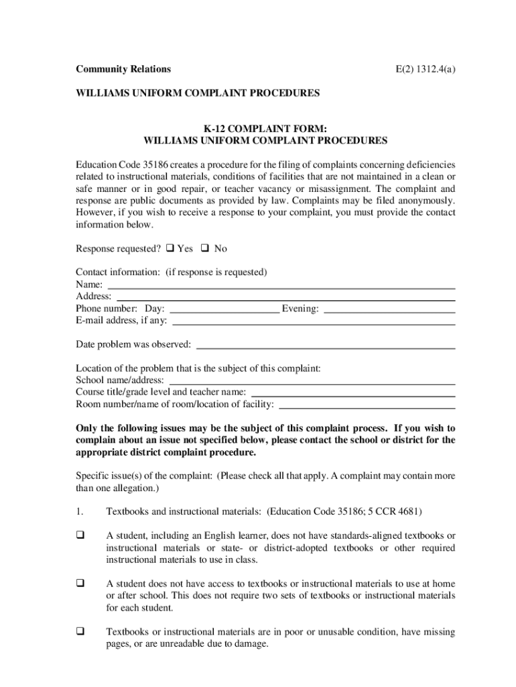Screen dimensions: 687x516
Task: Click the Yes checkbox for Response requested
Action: [170, 248]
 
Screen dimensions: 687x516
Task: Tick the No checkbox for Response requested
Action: [206, 248]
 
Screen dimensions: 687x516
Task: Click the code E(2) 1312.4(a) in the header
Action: [424, 69]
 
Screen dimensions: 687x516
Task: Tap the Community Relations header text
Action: [123, 69]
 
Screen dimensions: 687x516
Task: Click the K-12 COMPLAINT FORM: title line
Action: [265, 129]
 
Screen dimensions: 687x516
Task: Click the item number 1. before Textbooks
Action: [79, 512]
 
